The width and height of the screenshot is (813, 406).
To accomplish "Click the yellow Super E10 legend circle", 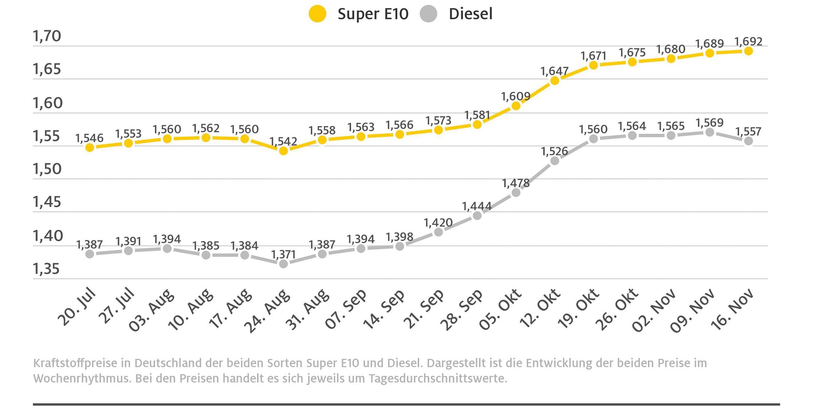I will click(317, 14).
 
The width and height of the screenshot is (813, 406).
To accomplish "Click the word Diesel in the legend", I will click(470, 14).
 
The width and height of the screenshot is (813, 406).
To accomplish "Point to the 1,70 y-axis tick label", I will click(47, 36).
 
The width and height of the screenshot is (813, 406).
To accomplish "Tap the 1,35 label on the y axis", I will click(46, 269).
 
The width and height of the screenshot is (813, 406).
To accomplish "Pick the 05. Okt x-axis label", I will click(500, 309).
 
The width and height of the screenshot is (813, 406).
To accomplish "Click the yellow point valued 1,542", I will click(283, 151).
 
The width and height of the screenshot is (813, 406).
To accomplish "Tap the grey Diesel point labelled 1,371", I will click(283, 264).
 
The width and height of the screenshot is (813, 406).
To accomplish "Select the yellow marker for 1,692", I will click(748, 51).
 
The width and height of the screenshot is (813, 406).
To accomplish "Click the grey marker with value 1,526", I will click(555, 161).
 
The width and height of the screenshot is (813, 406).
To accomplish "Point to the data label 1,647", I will click(554, 71).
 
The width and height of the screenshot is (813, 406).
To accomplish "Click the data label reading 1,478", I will click(516, 183).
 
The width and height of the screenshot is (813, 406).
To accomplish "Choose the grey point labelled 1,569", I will click(710, 132).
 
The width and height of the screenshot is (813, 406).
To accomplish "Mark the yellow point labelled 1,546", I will click(89, 148).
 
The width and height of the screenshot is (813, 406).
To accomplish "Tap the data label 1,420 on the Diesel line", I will click(438, 223).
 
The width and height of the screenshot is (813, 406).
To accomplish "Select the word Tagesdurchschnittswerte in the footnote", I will click(438, 378).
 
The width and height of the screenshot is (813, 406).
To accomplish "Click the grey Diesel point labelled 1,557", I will click(748, 141).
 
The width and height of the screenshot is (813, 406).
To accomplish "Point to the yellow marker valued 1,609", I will click(516, 106).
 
